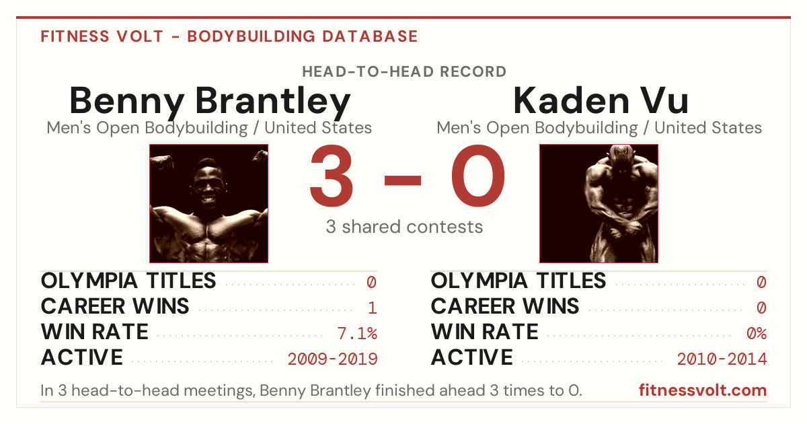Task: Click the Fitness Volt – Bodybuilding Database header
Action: [x=229, y=36]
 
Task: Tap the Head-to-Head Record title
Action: [x=404, y=72]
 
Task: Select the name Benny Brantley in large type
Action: [x=210, y=102]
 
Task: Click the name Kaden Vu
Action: [x=601, y=100]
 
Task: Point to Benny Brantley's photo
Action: [x=209, y=204]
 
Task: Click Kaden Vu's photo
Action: [x=599, y=204]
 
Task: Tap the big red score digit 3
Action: [x=332, y=175]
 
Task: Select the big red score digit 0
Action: [x=478, y=175]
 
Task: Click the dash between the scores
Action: [x=403, y=180]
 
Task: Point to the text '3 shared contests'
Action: [x=404, y=227]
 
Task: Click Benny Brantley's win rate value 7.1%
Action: [x=357, y=333]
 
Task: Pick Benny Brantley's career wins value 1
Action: [x=373, y=308]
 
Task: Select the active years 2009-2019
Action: [x=332, y=359]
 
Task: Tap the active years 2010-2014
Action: [x=722, y=359]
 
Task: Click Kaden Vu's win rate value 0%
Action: [x=757, y=333]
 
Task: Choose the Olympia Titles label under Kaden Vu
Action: [x=518, y=281]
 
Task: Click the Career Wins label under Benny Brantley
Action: [x=115, y=306]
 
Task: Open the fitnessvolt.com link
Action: [x=703, y=390]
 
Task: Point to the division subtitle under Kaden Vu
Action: [x=599, y=128]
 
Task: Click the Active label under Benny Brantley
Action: [x=82, y=357]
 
